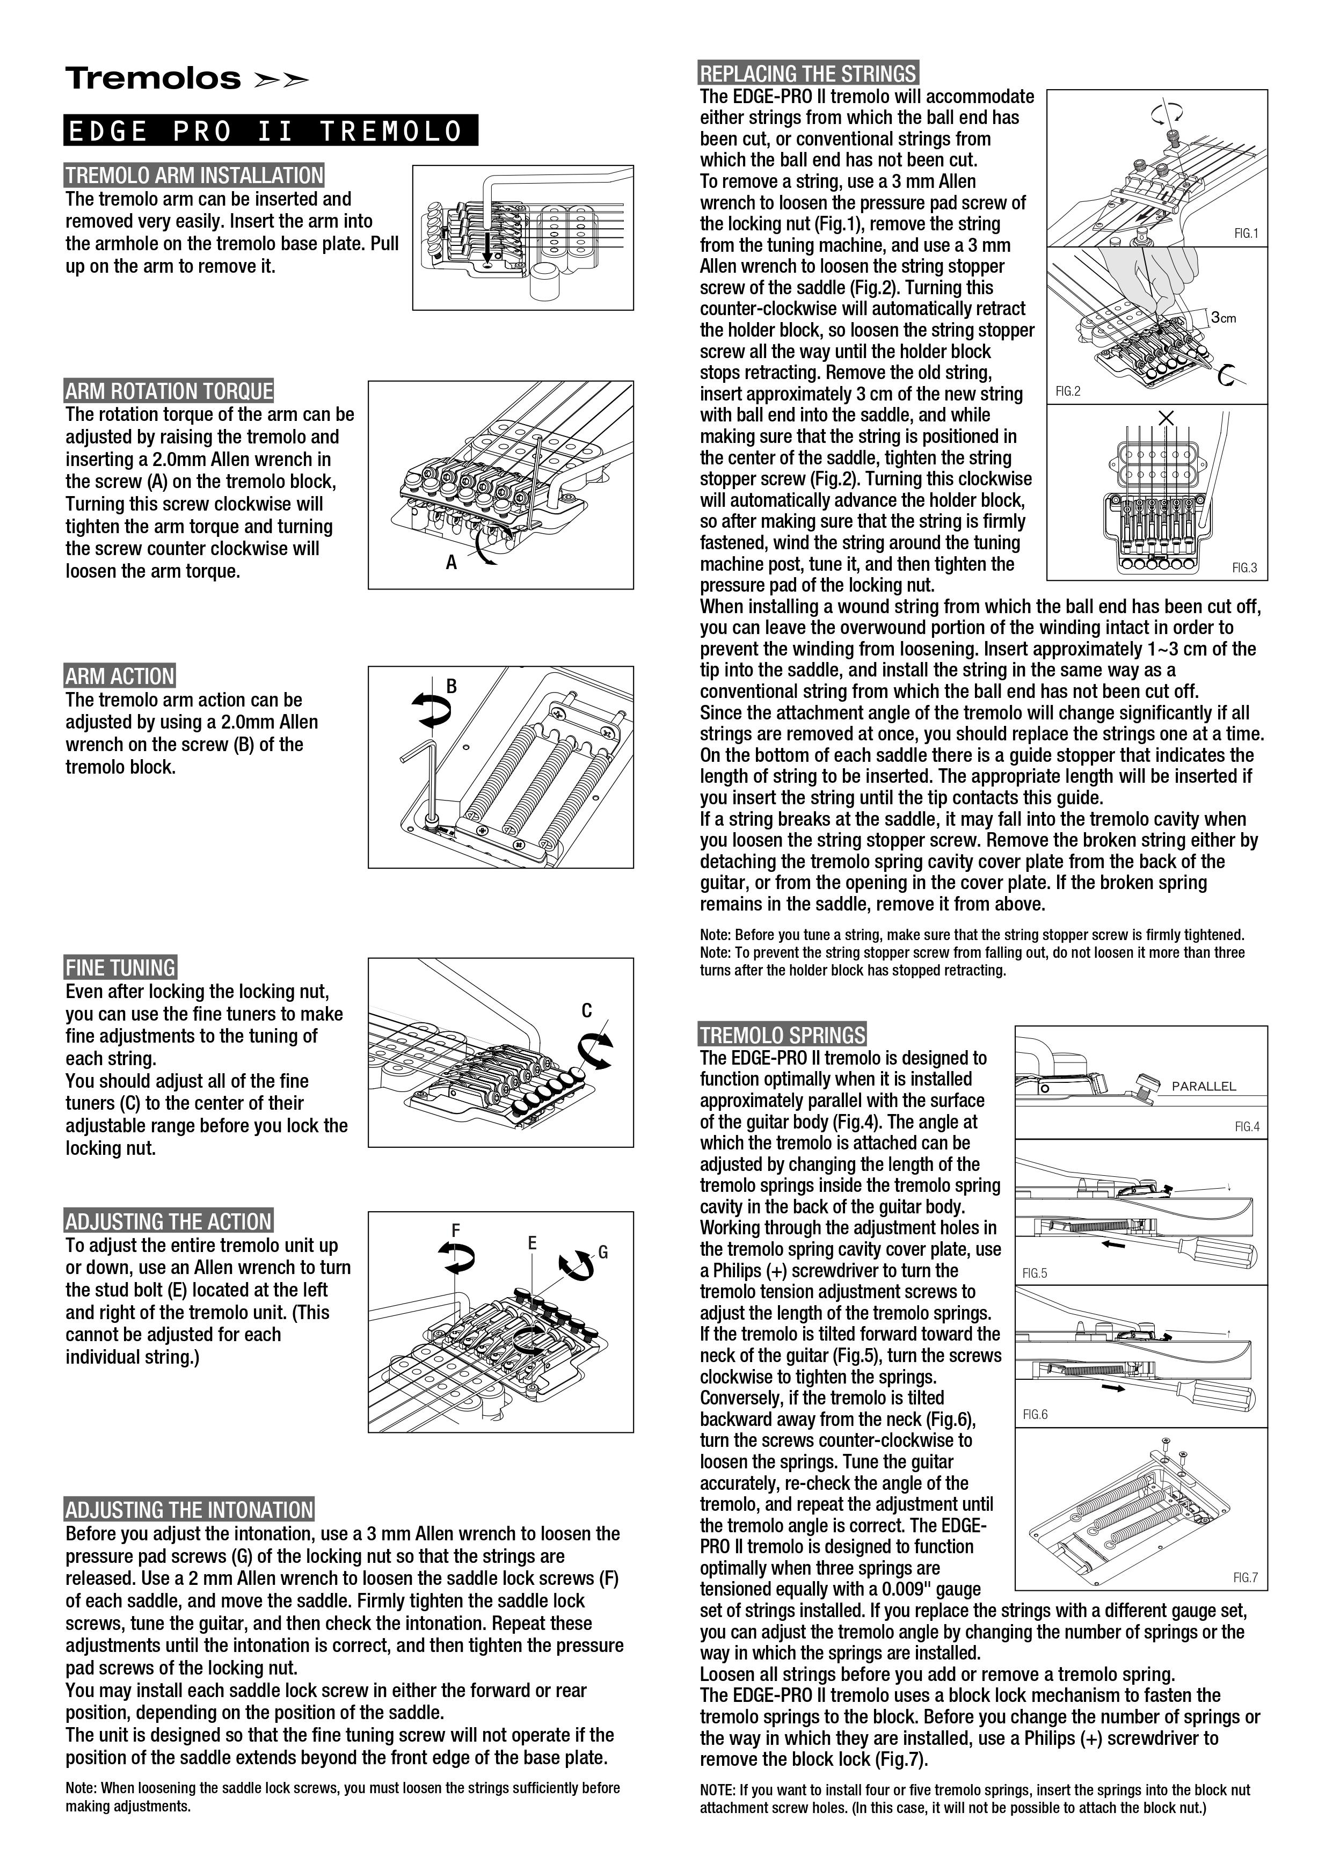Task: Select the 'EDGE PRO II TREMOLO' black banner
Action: pyautogui.click(x=270, y=131)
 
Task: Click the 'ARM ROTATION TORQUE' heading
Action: pyautogui.click(x=169, y=391)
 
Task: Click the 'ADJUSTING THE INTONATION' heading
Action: pyautogui.click(x=189, y=1510)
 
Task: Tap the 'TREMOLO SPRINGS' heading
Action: pyautogui.click(x=782, y=1035)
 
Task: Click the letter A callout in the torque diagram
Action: pyautogui.click(x=451, y=562)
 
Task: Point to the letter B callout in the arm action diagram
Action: pyautogui.click(x=451, y=686)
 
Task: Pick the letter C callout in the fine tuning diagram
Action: pyautogui.click(x=587, y=1010)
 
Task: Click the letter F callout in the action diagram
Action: pyautogui.click(x=456, y=1230)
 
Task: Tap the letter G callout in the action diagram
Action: pyautogui.click(x=603, y=1252)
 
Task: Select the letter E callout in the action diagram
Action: pyautogui.click(x=531, y=1243)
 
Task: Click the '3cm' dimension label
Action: pyautogui.click(x=1224, y=317)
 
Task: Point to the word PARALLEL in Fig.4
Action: pyautogui.click(x=1204, y=1086)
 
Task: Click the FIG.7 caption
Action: pyautogui.click(x=1245, y=1577)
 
